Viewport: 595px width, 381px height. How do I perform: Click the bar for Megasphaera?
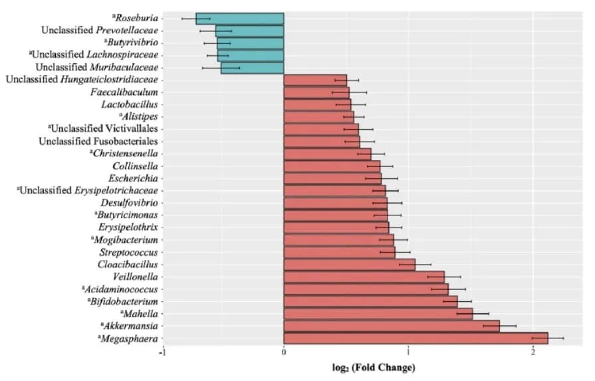[416, 338]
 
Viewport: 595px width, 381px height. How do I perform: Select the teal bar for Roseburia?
[240, 19]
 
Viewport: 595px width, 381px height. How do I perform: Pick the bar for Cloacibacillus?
[349, 265]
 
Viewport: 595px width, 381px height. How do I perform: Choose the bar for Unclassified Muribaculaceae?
[252, 68]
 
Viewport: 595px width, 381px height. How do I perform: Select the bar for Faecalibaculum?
[316, 92]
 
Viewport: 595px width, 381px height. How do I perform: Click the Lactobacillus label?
[129, 104]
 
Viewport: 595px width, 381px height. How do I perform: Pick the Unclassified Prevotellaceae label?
[99, 31]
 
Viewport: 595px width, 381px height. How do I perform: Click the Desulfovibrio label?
[129, 203]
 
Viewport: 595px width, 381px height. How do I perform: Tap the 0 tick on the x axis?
[284, 352]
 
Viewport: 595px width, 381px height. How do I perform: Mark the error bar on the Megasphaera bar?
[548, 338]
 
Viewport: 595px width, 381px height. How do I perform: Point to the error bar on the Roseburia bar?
[196, 19]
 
